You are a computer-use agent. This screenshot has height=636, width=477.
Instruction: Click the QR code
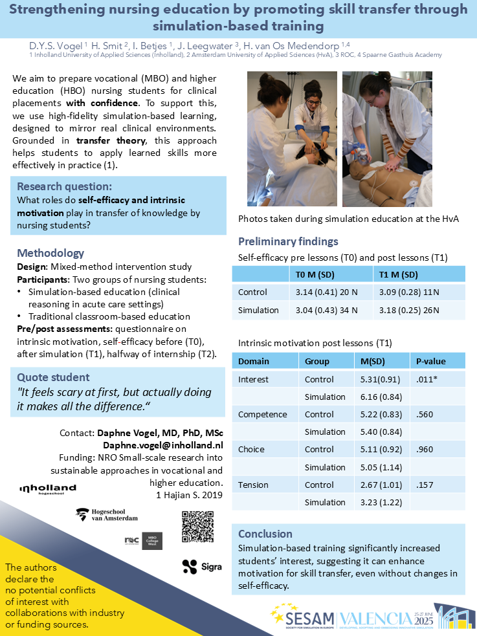tap(197, 526)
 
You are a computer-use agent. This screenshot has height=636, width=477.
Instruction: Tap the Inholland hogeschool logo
tap(47, 489)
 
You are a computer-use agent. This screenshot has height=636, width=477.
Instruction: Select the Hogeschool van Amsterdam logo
tap(107, 515)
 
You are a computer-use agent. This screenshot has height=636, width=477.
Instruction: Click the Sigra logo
tap(202, 566)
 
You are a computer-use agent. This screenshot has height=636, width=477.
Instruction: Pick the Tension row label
tap(254, 485)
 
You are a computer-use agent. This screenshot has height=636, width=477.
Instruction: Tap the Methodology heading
tap(50, 253)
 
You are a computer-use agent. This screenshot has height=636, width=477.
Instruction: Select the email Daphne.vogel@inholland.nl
tap(163, 445)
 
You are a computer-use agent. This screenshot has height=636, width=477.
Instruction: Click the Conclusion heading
tap(265, 534)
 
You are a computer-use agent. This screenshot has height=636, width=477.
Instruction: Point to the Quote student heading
tap(53, 377)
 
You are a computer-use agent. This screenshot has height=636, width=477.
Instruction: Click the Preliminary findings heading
tap(288, 241)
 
